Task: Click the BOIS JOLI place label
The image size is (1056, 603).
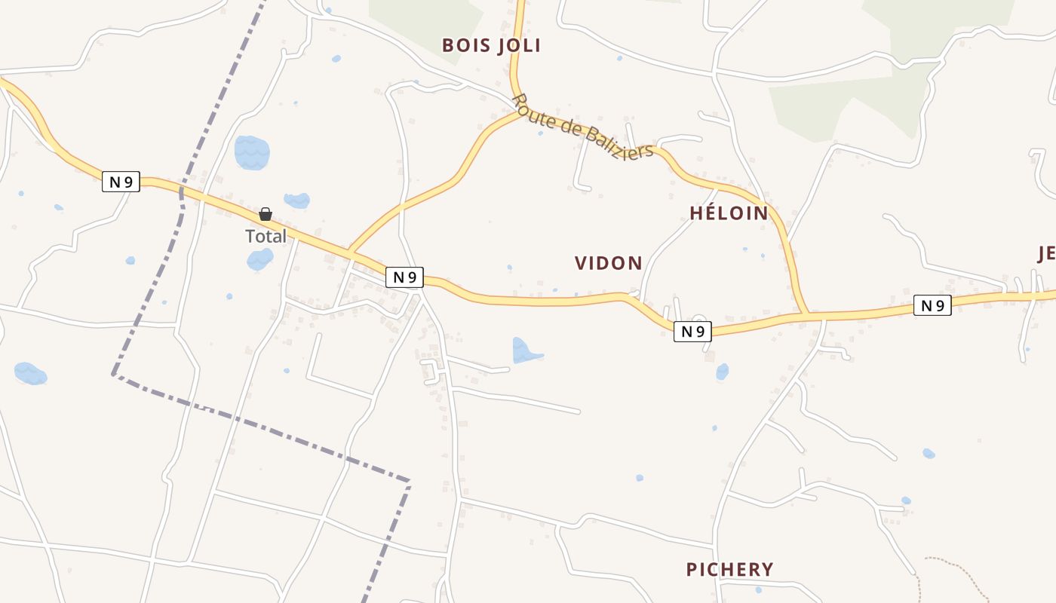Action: (x=491, y=45)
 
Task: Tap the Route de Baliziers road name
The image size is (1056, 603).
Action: (x=582, y=128)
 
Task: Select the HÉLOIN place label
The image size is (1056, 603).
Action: (x=729, y=213)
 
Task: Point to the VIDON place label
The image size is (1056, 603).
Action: (x=608, y=263)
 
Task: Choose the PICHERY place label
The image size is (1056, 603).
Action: (x=729, y=569)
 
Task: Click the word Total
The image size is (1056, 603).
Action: (x=266, y=236)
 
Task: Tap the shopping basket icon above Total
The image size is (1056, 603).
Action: (x=266, y=214)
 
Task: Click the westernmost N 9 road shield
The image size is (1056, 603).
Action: (x=121, y=182)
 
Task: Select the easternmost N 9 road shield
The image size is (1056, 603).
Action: (x=932, y=305)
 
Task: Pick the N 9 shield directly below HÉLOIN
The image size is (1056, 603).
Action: (x=692, y=331)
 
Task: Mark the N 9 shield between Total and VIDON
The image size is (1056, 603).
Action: (x=404, y=277)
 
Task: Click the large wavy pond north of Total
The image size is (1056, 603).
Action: (x=252, y=152)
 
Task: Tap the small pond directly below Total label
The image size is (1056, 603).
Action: (x=259, y=259)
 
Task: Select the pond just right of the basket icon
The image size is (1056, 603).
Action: (x=297, y=200)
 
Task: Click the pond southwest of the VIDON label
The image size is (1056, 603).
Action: (x=525, y=350)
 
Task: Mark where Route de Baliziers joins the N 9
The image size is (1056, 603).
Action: (x=807, y=312)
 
